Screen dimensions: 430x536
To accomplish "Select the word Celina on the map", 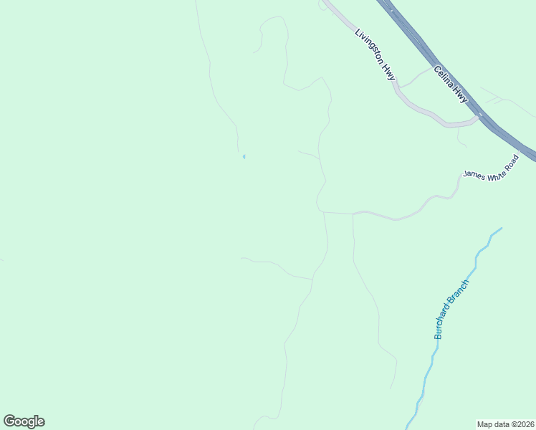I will point(445,78).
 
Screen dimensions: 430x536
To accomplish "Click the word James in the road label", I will point(474,173).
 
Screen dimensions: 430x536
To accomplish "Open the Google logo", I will point(24,421).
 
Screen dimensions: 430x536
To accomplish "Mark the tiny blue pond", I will point(244,156).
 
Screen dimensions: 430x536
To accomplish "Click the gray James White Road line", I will point(401,217).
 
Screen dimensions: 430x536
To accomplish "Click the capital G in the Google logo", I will point(9,421).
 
